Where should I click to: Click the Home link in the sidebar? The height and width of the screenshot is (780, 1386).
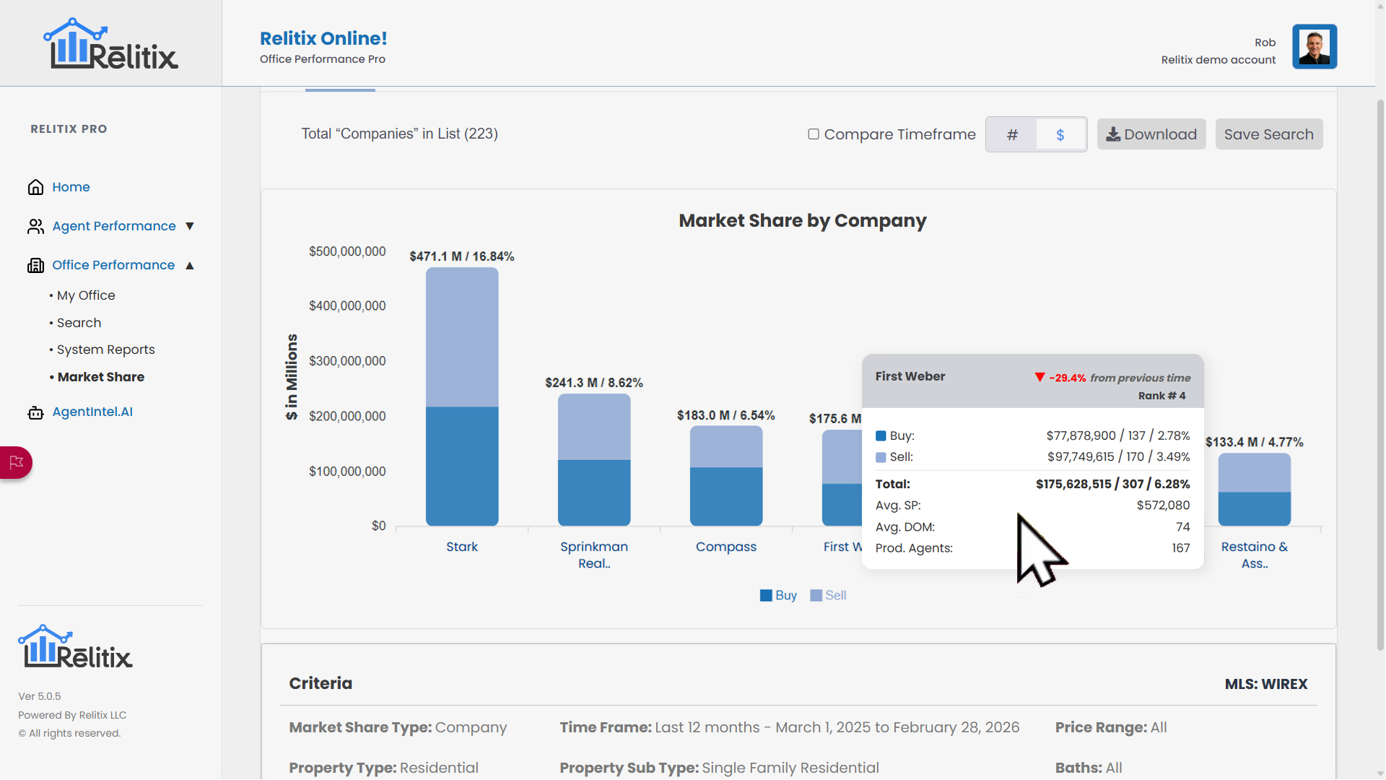[71, 187]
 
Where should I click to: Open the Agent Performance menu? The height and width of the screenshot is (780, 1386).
[114, 226]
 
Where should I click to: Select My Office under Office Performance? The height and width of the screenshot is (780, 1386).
[86, 295]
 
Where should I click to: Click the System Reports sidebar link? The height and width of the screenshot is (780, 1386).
[105, 350]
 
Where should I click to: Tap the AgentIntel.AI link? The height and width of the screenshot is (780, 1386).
[92, 412]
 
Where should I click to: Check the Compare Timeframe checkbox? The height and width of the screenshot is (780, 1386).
[814, 134]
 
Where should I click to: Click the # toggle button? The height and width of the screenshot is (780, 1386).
[1012, 135]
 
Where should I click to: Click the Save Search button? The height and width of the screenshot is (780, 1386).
[1268, 134]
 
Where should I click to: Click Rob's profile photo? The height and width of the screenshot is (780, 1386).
[1314, 47]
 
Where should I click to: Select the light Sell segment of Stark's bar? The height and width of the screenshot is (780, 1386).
[462, 337]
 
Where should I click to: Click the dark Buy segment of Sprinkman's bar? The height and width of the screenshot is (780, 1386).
[594, 493]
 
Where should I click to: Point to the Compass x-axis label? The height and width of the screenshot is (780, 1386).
[726, 547]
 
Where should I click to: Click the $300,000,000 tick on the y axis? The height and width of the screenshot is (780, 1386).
[347, 361]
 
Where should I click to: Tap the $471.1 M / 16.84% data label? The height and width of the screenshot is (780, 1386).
[462, 256]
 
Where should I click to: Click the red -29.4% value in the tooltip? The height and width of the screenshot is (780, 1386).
[1067, 378]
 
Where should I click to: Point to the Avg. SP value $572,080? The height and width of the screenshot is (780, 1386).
[1163, 506]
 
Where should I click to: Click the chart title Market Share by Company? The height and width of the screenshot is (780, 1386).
[802, 221]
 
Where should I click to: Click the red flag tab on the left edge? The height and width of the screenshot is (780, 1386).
[16, 462]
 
